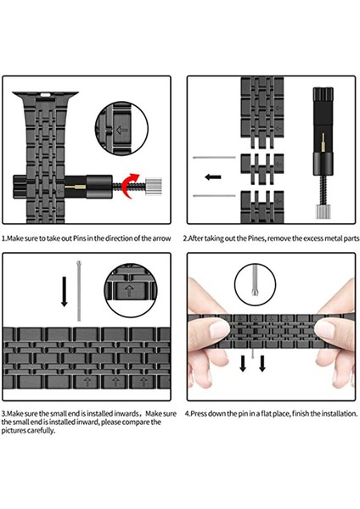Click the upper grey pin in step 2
pos(211,159)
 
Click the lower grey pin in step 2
pos(211,196)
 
